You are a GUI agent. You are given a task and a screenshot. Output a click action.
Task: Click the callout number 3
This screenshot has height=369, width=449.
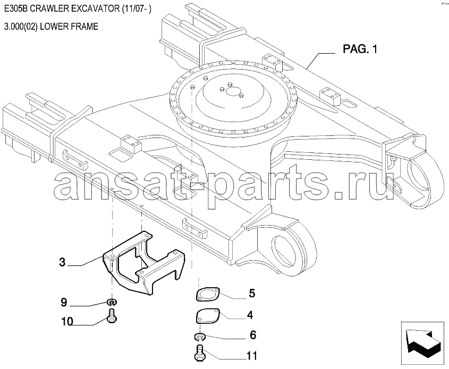pos(62,262)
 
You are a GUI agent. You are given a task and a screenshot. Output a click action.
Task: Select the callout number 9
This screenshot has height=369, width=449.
pos(64,302)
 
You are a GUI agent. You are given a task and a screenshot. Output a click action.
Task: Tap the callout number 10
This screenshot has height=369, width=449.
pos(67,322)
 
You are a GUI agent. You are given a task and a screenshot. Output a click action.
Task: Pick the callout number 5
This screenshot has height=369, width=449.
pos(252,294)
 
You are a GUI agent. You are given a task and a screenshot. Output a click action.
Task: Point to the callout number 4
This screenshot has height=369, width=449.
pos(250,315)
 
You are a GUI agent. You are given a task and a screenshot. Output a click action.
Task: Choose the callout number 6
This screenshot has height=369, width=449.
pos(253,335)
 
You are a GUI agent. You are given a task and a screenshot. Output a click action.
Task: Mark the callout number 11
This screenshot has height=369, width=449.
pos(252,356)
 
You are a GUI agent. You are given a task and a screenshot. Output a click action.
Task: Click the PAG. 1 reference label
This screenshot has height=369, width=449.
pos(360,49)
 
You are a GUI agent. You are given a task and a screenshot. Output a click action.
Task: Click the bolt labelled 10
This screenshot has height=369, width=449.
pos(112,316)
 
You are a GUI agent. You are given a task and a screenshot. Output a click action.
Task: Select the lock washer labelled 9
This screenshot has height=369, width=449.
pos(112,302)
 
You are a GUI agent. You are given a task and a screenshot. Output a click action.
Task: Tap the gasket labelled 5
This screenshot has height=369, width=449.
pos(208,294)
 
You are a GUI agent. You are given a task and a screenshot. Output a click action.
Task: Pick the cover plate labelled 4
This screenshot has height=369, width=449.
pos(208,316)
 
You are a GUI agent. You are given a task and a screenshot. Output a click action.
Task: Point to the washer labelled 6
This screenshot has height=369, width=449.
pos(200,337)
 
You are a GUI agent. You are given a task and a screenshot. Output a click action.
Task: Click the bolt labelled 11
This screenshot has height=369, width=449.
pos(200,353)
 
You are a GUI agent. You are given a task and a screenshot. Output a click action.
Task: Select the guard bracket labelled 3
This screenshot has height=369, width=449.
pos(143,263)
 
